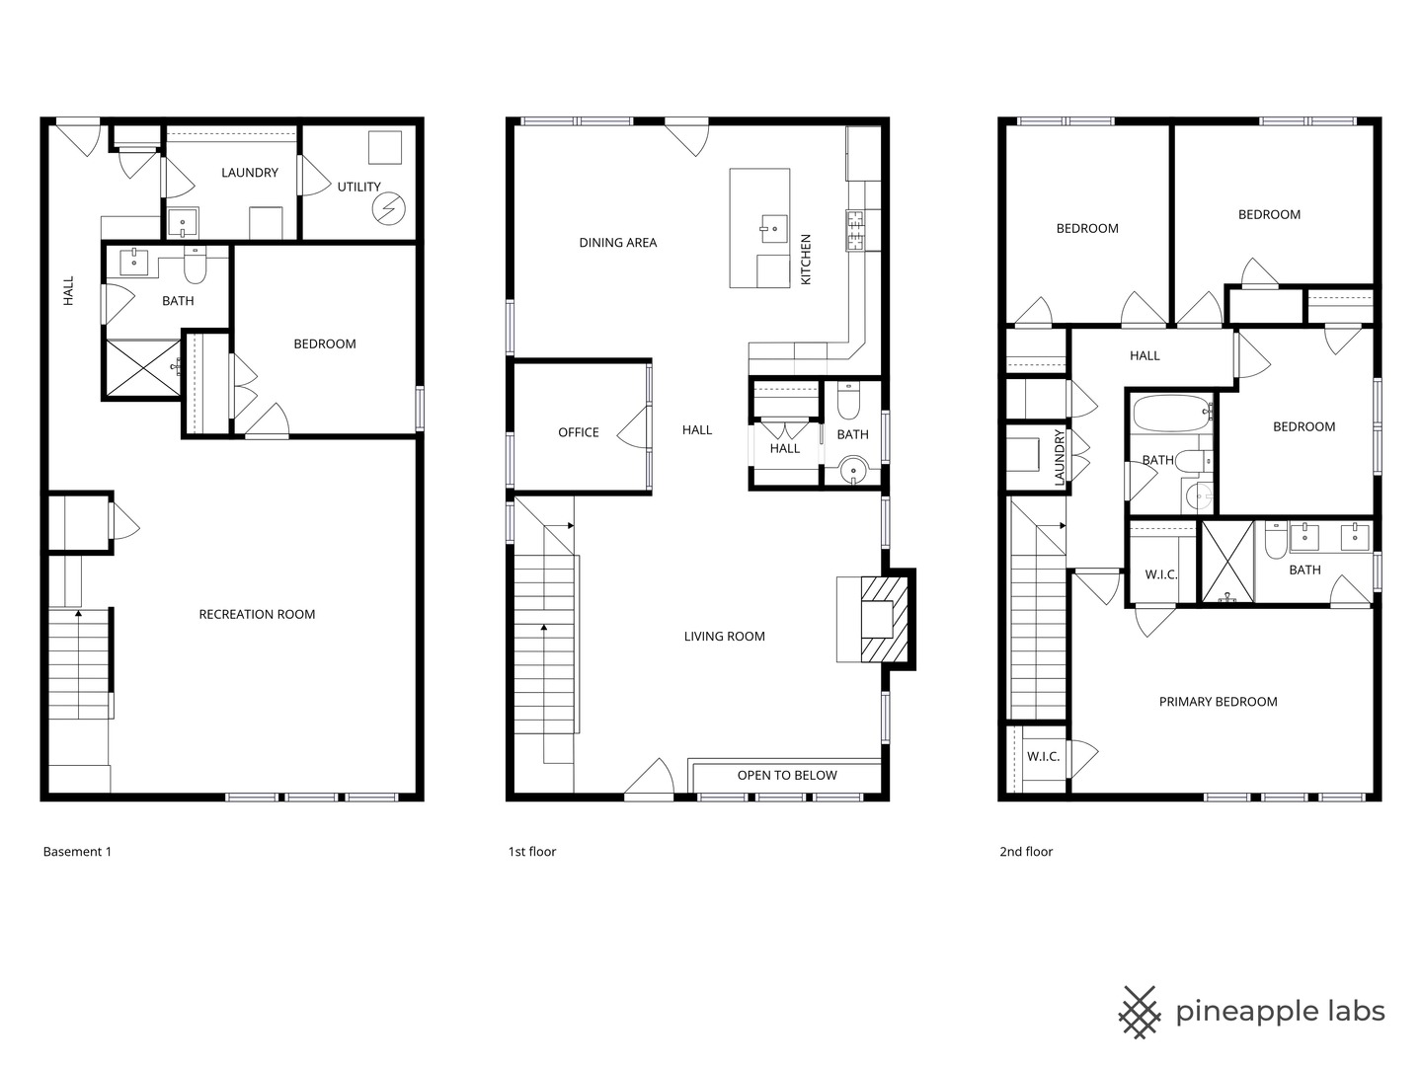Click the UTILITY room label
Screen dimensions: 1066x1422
pos(358,187)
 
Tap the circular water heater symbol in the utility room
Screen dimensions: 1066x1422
pos(388,208)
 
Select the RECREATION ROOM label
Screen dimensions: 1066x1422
pos(257,614)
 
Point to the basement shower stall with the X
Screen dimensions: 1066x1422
pos(142,369)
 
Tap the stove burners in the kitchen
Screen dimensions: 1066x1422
pos(855,231)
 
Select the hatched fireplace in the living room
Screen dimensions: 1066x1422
pos(883,619)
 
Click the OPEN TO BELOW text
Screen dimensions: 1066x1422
pos(786,775)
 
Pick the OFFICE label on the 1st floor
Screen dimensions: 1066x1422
pos(578,432)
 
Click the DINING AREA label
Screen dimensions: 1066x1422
pos(617,242)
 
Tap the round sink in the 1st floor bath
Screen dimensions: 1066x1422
pos(853,471)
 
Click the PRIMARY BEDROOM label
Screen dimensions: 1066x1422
pos(1218,702)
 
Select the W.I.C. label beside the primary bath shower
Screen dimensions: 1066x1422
pos(1160,574)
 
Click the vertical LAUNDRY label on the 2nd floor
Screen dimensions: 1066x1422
pos(1060,457)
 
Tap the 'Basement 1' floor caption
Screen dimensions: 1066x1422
pos(77,852)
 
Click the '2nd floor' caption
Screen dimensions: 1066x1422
pos(1026,852)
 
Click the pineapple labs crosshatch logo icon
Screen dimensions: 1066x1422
pos(1140,1012)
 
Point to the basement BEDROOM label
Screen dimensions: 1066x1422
pos(324,343)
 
